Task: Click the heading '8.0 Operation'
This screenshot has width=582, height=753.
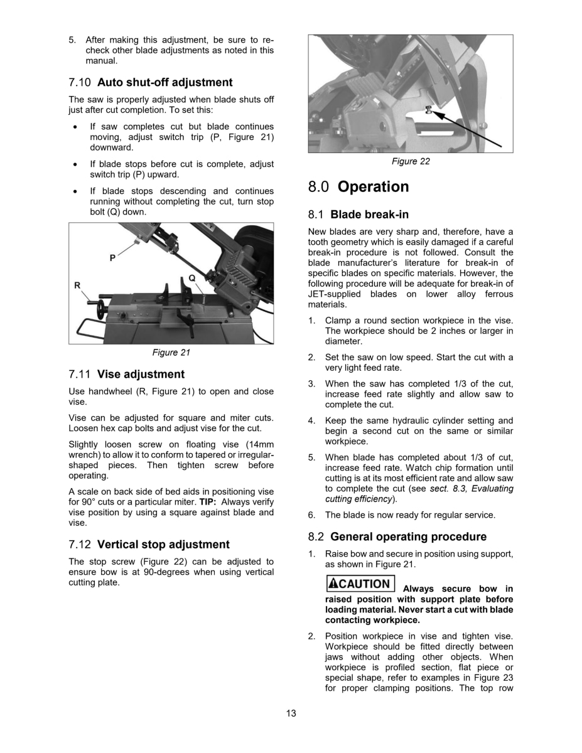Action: pyautogui.click(x=358, y=187)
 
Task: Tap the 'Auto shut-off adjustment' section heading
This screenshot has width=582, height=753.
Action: pyautogui.click(x=151, y=82)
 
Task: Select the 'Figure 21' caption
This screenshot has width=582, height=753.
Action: pyautogui.click(x=171, y=353)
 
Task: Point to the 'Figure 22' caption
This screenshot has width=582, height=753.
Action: pyautogui.click(x=411, y=161)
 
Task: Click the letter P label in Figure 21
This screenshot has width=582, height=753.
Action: pyautogui.click(x=112, y=257)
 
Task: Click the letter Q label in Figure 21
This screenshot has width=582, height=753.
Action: pyautogui.click(x=191, y=277)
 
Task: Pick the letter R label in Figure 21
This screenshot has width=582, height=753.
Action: pyautogui.click(x=77, y=286)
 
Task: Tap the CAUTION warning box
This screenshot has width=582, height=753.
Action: pyautogui.click(x=360, y=584)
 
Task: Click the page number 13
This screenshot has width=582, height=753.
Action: pyautogui.click(x=291, y=713)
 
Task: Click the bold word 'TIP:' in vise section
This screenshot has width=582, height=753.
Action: pyautogui.click(x=209, y=502)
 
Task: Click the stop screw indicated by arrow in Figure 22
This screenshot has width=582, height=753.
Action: pyautogui.click(x=426, y=110)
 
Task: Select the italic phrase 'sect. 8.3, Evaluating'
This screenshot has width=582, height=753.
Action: pyautogui.click(x=472, y=489)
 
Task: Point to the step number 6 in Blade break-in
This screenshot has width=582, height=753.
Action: pyautogui.click(x=311, y=515)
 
